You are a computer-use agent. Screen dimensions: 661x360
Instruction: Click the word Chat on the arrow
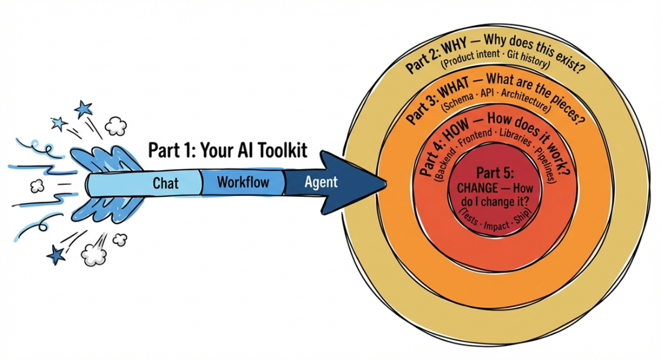165,183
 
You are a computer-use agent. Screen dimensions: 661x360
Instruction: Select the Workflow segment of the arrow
243,182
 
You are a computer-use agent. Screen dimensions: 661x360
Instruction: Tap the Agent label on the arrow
321,182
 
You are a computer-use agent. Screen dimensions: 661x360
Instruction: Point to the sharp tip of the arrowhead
386,183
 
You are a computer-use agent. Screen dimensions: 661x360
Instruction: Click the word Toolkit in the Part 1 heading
281,150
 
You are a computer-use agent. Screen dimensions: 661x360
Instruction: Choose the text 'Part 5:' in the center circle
495,173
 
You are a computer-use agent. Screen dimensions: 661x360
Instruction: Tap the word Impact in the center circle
496,226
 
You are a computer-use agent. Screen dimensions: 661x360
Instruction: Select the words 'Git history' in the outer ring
528,58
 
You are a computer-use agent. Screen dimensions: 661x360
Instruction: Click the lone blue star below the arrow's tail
56,254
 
